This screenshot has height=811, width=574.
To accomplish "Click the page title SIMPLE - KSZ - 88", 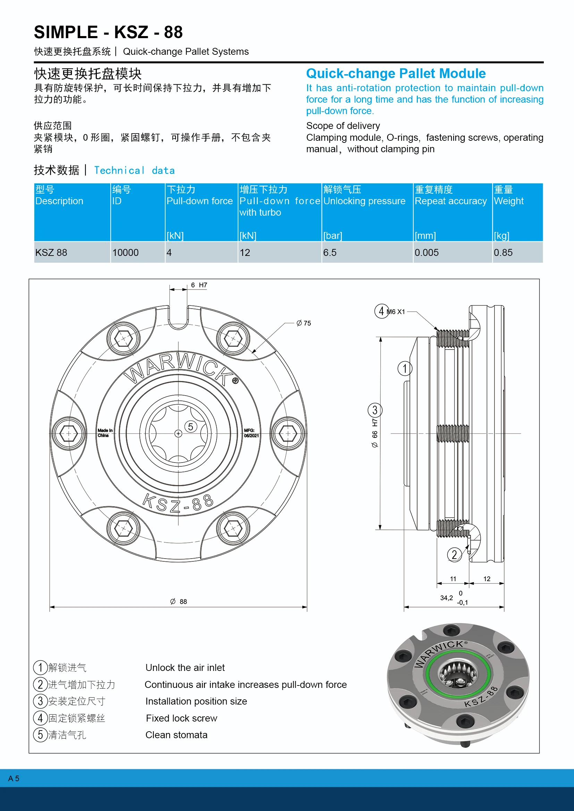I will [108, 32].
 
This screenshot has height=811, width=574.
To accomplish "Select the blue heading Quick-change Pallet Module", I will [396, 74].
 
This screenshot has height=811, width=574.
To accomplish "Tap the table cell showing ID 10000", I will [126, 252].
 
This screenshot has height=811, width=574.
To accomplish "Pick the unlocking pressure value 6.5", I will [330, 252].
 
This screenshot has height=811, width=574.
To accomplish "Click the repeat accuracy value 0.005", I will [426, 252].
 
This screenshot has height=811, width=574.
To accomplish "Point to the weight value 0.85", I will [503, 252].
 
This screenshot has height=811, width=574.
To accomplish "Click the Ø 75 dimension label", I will [304, 323].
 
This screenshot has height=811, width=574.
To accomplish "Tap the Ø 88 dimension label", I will [178, 602].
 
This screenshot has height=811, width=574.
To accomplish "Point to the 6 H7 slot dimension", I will [199, 285].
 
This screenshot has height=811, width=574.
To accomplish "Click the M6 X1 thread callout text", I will [396, 312].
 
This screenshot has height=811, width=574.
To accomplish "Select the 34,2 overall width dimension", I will [446, 598].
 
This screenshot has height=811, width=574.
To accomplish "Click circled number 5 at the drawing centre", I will [191, 427].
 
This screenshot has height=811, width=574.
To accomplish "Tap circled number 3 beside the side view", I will [375, 410].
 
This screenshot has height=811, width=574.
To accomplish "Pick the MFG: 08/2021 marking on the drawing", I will [251, 433].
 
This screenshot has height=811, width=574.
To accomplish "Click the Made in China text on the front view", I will [105, 433].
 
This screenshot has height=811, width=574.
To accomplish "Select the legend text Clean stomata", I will [176, 735].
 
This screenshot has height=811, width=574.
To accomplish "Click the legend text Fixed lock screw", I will [181, 718].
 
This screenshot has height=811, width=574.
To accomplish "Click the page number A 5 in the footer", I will [14, 778].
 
